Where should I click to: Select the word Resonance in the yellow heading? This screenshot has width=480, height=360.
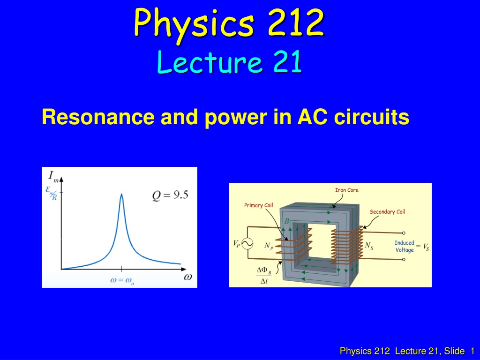pos(98,117)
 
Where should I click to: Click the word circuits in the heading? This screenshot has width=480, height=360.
pos(371,117)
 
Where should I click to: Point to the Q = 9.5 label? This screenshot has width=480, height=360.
pos(170,195)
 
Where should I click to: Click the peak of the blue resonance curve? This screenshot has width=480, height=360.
pos(121,194)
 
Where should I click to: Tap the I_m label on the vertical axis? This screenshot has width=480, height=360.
pos(53,177)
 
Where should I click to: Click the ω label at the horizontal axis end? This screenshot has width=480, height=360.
pos(188,277)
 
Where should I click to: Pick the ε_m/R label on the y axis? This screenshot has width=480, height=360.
pos(52,193)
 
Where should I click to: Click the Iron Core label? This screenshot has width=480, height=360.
pos(346,190)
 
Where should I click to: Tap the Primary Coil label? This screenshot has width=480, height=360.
pos(258,205)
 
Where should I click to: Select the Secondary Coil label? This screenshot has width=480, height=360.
pos(387,212)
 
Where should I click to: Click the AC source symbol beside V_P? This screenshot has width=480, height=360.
pos(247,244)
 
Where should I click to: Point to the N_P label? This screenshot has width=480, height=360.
pos(269,246)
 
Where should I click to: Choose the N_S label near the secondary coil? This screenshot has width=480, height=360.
pos(369,246)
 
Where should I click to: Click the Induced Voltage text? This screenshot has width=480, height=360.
pos(404,247)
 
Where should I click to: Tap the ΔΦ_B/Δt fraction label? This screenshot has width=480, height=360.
pos(264,275)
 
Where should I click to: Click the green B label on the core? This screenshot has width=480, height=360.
pos(287,221)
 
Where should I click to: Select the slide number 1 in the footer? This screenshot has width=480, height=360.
pos(472,351)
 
